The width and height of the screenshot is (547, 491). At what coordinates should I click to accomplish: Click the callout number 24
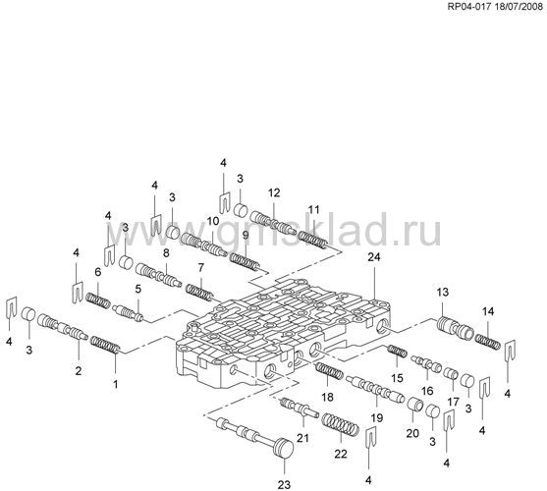click(374, 257)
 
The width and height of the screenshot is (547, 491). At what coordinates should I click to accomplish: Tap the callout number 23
click(284, 484)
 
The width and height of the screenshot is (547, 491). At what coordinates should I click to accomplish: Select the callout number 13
click(442, 292)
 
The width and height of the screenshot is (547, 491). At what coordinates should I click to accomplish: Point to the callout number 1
click(115, 384)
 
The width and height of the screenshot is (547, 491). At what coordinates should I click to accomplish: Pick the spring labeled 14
click(487, 342)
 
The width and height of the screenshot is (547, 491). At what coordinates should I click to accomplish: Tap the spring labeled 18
click(329, 371)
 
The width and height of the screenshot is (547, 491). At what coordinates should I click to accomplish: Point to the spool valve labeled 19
click(375, 390)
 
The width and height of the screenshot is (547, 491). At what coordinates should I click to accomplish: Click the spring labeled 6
click(97, 300)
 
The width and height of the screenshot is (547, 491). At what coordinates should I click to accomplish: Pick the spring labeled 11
click(313, 240)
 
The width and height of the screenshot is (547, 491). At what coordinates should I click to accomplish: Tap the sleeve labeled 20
click(415, 405)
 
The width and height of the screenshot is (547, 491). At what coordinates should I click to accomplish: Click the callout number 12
click(274, 192)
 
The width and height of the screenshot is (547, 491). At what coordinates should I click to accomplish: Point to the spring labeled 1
click(105, 345)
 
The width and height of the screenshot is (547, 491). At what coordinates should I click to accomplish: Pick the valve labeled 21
click(300, 408)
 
